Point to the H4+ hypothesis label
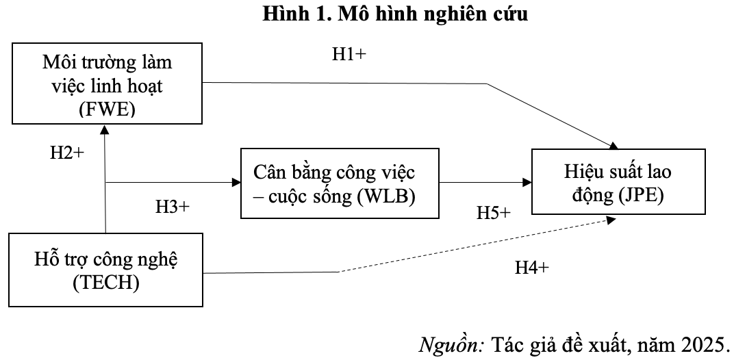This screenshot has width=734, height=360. pos(532,268)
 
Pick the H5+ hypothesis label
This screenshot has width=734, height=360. pos(494,213)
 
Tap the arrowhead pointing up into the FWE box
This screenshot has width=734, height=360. pos(106,134)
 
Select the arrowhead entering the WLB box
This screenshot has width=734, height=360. pos(236,183)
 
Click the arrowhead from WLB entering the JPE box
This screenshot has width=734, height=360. pos(527,183)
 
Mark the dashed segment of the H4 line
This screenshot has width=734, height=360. pos(472,246)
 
